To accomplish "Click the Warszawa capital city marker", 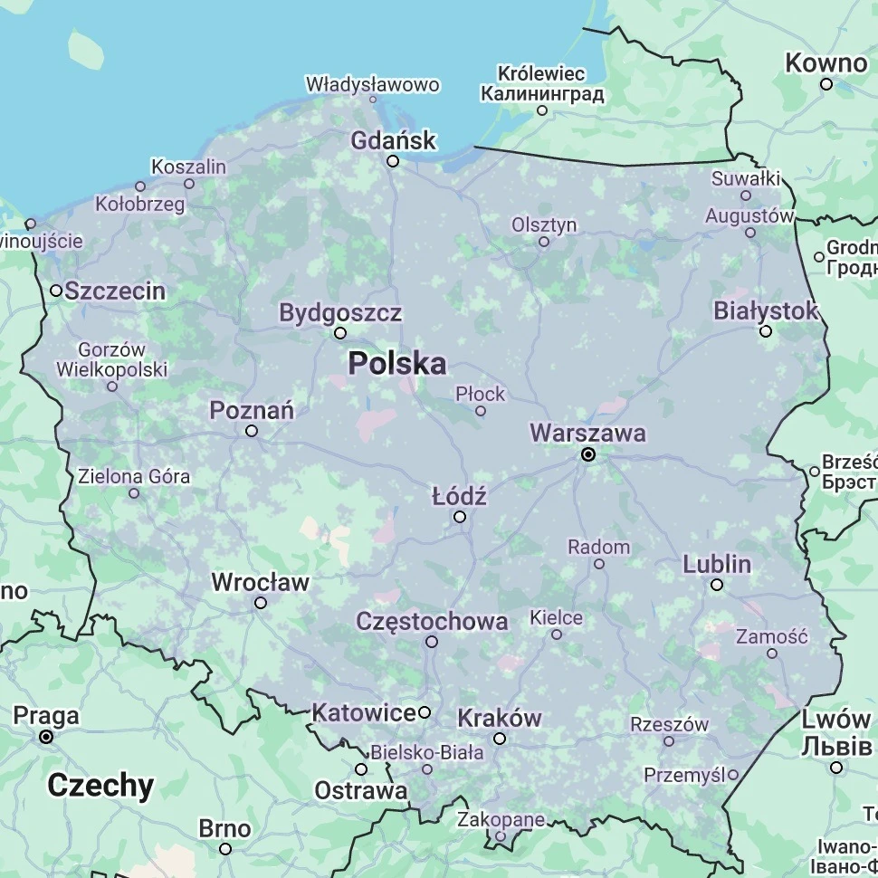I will (588, 454).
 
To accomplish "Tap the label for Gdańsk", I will (394, 140).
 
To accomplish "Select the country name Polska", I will (397, 364).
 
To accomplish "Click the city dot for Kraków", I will (500, 739).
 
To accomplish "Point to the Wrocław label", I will (261, 582).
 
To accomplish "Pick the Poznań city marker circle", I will (252, 431).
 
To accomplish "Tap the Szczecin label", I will (115, 291).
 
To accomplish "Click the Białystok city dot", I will (766, 331).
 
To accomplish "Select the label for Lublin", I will (717, 564).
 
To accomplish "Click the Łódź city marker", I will (460, 517).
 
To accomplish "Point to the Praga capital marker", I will (46, 737).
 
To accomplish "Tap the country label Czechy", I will (100, 785).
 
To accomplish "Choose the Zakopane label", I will (501, 819).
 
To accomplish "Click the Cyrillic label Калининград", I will (542, 93).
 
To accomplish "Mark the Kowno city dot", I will (826, 84).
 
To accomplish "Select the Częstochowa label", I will (432, 621).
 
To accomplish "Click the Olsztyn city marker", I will (544, 242).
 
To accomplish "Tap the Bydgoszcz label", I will (340, 313).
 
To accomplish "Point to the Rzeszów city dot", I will (669, 741).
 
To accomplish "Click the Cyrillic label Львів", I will (836, 747).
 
